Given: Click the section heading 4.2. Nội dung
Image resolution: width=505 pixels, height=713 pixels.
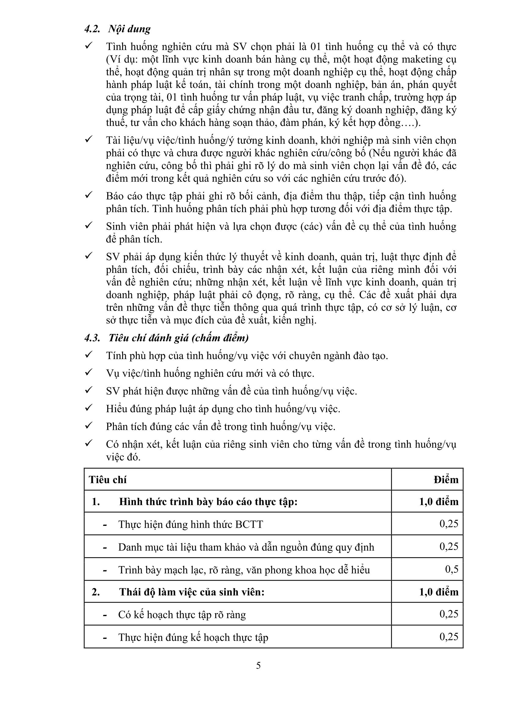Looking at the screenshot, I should point(117,29).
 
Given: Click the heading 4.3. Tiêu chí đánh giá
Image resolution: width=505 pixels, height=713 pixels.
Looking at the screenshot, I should point(166,338).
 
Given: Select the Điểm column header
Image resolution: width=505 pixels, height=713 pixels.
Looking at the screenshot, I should point(446,480).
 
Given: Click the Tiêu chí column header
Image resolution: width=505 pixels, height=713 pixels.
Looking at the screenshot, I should point(107,480).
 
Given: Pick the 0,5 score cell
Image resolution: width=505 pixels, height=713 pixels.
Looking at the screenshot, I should point(452,569).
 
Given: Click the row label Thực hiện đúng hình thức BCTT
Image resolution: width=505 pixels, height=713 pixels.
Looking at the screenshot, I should point(190,524).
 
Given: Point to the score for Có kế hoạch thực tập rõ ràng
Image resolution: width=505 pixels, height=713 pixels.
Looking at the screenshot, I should point(449,614).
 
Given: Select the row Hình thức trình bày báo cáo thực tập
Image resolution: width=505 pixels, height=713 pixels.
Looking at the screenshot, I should point(208,502).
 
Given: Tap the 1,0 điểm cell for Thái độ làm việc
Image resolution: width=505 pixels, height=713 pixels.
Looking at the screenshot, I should point(439,592).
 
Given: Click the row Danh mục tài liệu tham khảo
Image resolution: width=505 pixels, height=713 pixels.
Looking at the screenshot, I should point(246,547).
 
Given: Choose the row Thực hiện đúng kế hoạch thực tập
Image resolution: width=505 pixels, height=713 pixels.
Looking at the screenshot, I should point(193,637).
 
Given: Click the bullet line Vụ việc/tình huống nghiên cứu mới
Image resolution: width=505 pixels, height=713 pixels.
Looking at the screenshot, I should point(210,373).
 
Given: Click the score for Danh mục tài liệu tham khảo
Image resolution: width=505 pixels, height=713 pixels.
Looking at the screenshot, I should point(449,546).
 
